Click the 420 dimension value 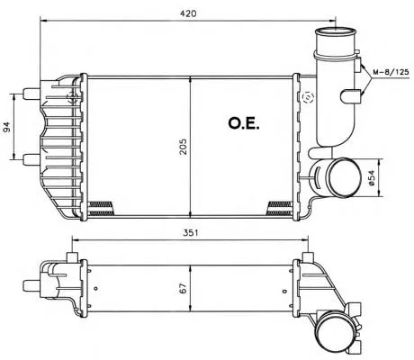point(188,13)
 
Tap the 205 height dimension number point(183,147)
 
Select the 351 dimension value point(191,232)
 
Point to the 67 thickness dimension point(184,289)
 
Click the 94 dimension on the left point(7,127)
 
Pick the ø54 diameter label point(371,177)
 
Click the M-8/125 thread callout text point(391,72)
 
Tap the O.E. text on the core point(244,123)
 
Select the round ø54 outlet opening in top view point(344,177)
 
